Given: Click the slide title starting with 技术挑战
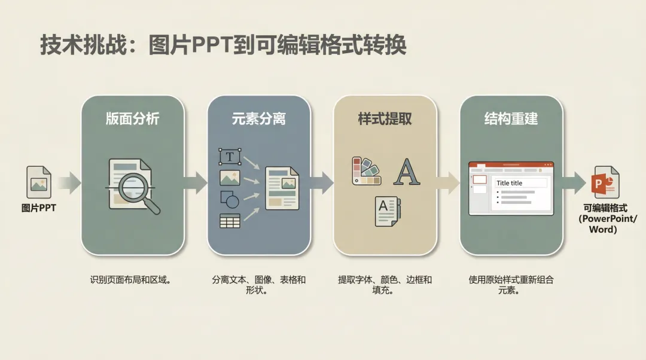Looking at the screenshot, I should (x=223, y=45).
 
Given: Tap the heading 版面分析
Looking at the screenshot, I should (x=132, y=118).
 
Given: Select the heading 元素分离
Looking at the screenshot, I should (x=258, y=118).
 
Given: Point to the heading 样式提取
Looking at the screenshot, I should (x=385, y=118).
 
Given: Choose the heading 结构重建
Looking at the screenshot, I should (x=511, y=118).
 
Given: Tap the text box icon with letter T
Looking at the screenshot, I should (x=230, y=157).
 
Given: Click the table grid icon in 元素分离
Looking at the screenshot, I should (x=230, y=221).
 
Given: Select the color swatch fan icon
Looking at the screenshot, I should (x=366, y=171).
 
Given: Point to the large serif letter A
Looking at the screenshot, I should (x=406, y=172).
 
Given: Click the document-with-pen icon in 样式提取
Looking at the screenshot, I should (x=387, y=211).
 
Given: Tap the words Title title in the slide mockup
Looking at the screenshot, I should (x=510, y=183).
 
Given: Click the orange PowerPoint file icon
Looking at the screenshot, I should (x=605, y=182).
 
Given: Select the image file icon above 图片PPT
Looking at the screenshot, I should (x=39, y=182).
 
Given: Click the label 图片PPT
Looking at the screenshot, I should (x=38, y=208).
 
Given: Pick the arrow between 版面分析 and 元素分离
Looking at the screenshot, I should (x=196, y=182).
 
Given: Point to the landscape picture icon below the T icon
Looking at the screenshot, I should (x=230, y=178).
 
